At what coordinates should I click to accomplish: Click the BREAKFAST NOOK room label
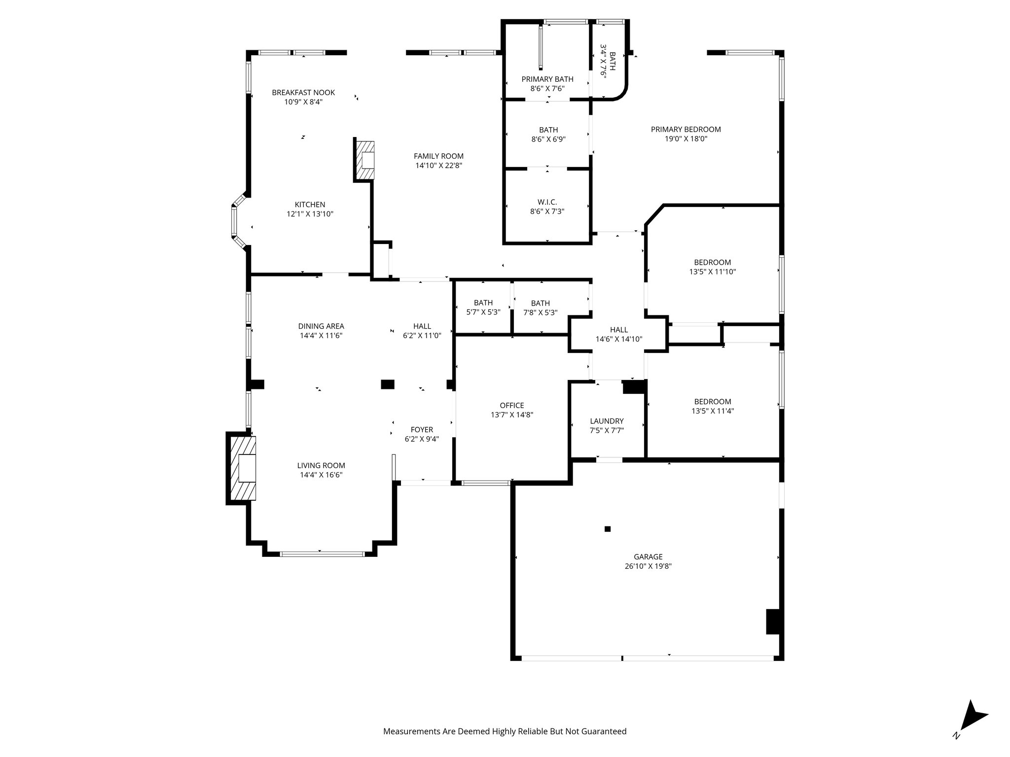tap(303, 93)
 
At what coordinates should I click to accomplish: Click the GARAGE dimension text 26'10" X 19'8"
tap(648, 566)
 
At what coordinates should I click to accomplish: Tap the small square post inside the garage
tap(608, 529)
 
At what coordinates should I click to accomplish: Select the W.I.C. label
tap(547, 202)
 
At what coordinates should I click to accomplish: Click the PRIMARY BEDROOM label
tap(685, 130)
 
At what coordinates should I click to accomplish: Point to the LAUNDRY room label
tap(607, 421)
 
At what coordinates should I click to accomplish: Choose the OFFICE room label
tap(512, 406)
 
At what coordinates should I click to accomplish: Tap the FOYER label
tap(422, 430)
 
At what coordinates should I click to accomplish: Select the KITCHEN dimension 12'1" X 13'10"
tap(310, 214)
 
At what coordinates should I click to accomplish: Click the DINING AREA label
tap(321, 326)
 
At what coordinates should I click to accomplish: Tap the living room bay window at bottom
tap(322, 554)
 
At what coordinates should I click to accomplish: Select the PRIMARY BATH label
tap(547, 79)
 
